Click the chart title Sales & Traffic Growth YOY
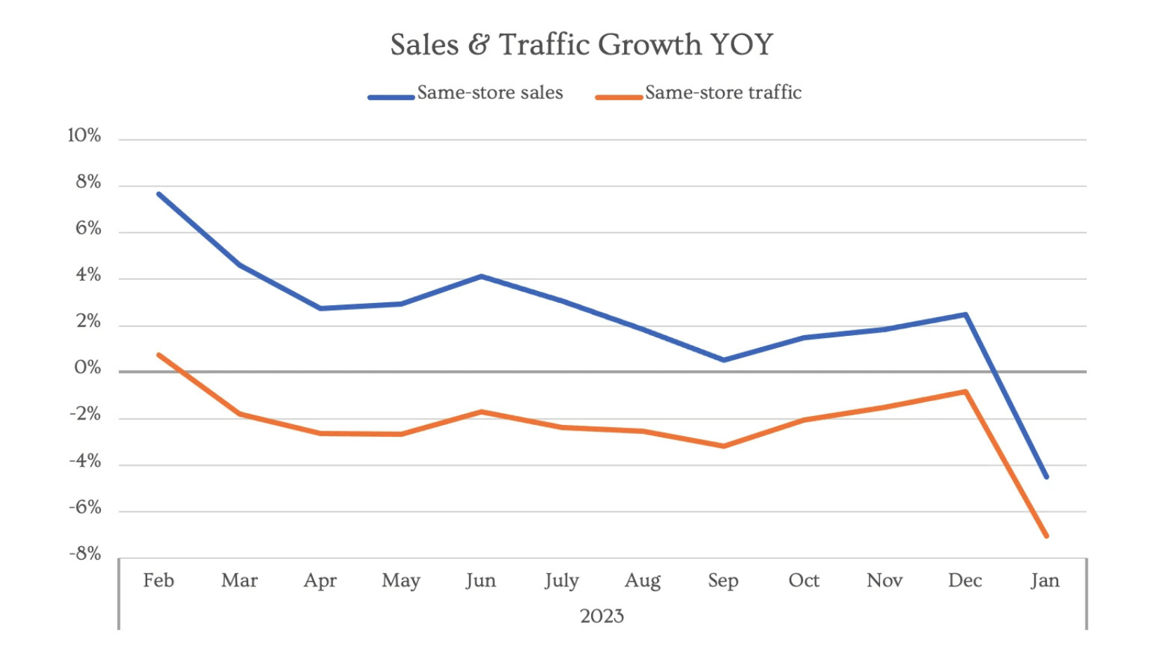click(x=581, y=44)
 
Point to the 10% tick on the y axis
click(x=84, y=135)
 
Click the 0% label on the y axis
click(x=88, y=367)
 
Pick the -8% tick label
click(x=85, y=554)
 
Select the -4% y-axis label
click(x=85, y=461)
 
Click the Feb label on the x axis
click(x=158, y=580)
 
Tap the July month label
click(x=562, y=581)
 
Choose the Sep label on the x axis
click(x=723, y=581)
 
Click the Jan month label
click(x=1045, y=580)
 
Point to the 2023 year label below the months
click(x=602, y=616)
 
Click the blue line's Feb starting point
click(x=160, y=194)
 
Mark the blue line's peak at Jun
click(x=482, y=276)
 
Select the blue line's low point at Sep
click(x=724, y=360)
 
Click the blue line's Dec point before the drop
click(x=966, y=315)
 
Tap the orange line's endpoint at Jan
click(x=1046, y=536)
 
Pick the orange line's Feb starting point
click(x=160, y=355)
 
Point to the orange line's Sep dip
click(x=724, y=446)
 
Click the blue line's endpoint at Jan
click(x=1046, y=477)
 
